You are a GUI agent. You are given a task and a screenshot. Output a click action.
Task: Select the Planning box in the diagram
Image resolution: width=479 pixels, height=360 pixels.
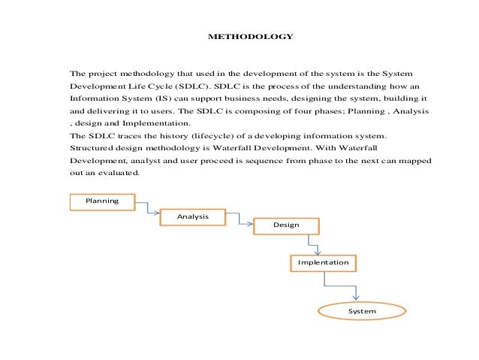[x=103, y=201]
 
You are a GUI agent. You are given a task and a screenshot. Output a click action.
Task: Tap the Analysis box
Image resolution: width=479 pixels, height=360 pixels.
[x=192, y=216]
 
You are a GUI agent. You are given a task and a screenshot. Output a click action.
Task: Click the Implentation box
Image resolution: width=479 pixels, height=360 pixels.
[x=323, y=262]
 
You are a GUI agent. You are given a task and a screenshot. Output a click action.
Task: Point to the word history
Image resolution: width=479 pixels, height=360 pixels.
[x=170, y=136]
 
